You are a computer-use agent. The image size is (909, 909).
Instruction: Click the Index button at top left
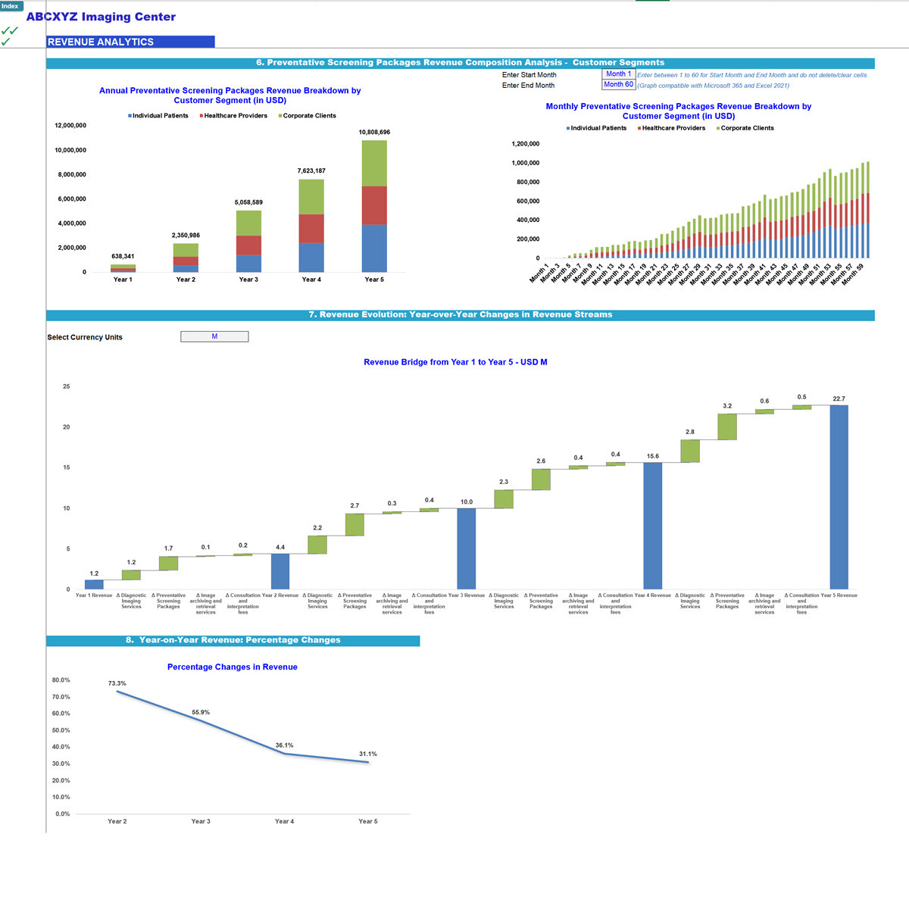point(11,6)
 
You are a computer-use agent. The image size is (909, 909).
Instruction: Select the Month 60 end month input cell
point(618,85)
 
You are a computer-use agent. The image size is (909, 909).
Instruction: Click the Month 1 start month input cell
point(618,74)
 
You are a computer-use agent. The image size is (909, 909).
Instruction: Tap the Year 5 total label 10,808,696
point(374,133)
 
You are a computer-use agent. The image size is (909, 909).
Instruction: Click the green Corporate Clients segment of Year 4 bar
point(311,197)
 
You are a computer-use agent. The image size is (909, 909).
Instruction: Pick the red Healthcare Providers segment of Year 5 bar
point(374,205)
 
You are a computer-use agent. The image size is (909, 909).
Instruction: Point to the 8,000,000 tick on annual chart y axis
point(70,175)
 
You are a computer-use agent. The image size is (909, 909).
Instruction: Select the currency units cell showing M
point(214,337)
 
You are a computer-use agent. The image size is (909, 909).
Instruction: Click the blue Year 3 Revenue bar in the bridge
point(467,548)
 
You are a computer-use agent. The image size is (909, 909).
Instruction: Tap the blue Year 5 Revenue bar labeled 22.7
point(839,497)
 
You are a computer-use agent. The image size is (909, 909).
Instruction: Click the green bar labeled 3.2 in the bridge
point(727,426)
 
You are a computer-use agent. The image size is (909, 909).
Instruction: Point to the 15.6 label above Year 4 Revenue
point(652,457)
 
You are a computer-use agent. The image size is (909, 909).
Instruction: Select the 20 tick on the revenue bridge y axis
point(67,427)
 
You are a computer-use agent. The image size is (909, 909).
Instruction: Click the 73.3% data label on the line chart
point(117,684)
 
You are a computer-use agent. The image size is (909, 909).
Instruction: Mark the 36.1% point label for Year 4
point(284,745)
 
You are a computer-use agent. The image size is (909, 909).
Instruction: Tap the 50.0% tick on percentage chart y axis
point(61,730)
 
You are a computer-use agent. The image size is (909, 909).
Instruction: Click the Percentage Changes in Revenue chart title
point(232,667)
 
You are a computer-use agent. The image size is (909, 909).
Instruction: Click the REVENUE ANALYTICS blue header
point(130,42)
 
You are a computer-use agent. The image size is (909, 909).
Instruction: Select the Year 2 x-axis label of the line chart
point(117,821)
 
